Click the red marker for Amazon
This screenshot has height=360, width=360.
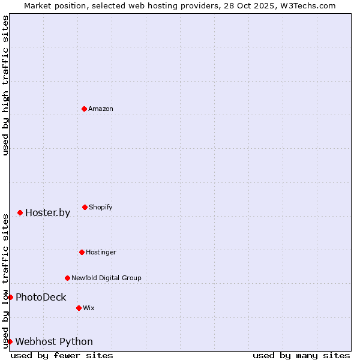click(x=84, y=109)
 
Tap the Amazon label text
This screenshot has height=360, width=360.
click(x=101, y=109)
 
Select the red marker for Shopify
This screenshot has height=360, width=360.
click(x=85, y=207)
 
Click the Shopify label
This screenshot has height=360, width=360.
click(x=101, y=208)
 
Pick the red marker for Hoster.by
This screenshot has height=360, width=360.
click(x=20, y=212)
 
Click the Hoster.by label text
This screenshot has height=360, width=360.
click(x=47, y=213)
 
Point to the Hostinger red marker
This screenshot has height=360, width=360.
click(x=82, y=252)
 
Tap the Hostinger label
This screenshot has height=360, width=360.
click(x=101, y=253)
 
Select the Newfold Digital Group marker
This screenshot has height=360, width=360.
click(x=67, y=278)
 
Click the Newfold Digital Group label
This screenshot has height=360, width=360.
click(x=106, y=278)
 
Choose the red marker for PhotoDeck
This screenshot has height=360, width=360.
click(x=10, y=297)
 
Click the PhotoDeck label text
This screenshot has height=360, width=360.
click(x=41, y=298)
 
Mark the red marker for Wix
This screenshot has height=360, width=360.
click(x=79, y=308)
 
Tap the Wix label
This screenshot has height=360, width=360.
click(x=89, y=308)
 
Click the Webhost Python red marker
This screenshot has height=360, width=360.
click(x=10, y=341)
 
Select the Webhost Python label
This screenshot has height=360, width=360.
click(x=54, y=342)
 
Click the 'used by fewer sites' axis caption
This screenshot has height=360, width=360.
click(x=62, y=355)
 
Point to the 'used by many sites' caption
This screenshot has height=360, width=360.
click(x=301, y=355)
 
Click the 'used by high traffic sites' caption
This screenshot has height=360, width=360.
click(x=6, y=85)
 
